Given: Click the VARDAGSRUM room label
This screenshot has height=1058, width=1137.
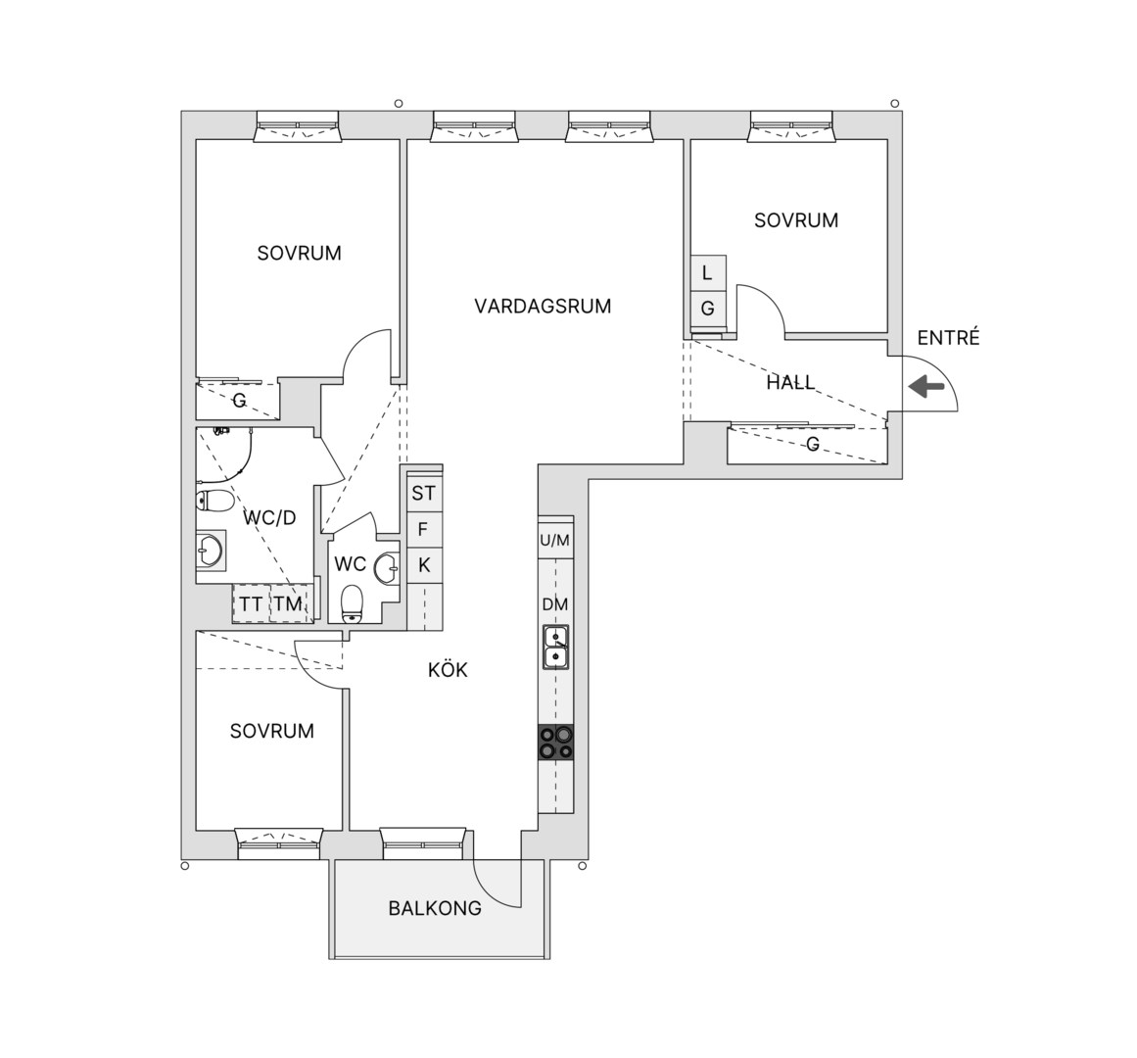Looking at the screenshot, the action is coord(543,306).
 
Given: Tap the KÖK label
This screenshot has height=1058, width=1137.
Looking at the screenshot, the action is coord(448,669).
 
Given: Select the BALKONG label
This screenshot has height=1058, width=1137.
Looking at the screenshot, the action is coord(435,908).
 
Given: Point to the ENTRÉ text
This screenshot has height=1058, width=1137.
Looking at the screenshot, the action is coord(948,337).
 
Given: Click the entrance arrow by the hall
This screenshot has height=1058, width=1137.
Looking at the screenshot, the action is coord(926,387).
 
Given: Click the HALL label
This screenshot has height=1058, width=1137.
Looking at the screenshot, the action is coord(790,382).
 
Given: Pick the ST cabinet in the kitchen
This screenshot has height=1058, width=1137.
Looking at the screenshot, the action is coord(424,493).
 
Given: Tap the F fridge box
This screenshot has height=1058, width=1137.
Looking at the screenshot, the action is coord(424,529).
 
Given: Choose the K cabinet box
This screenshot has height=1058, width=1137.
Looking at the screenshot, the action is coord(424,565).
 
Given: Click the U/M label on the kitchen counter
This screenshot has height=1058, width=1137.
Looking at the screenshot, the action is coord(554,540).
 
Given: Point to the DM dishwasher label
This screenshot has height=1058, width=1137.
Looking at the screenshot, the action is coord(554,604).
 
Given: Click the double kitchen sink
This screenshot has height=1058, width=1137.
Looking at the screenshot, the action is coord(556,647).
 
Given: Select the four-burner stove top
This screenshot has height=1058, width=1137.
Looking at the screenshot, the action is coord(555,742).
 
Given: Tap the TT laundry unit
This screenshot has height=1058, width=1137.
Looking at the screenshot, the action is coord(251,603).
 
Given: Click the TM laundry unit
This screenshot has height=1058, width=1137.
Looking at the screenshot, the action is coord(289,603).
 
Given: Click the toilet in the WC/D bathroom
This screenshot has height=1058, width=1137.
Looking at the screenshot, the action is coord(214,501).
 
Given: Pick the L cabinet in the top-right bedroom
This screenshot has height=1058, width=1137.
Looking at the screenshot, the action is coord(708,273).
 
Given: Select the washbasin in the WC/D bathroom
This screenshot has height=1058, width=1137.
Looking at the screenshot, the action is coord(211,549).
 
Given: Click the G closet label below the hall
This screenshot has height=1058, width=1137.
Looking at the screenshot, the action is coord(813,444).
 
